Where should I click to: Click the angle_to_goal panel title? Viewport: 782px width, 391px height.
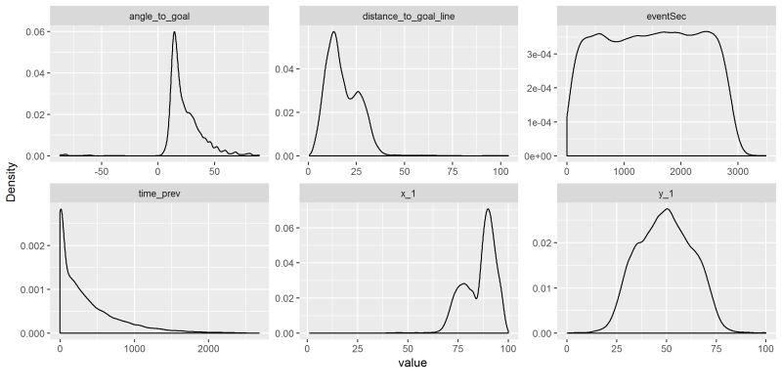point(160,16)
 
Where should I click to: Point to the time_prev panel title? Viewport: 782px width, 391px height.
point(160,194)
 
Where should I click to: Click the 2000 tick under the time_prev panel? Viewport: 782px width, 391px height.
point(208,348)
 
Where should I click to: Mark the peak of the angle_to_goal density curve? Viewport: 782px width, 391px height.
point(174,32)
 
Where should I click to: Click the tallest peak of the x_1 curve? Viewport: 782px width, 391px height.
point(487,209)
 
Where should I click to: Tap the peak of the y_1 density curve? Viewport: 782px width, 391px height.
point(668,208)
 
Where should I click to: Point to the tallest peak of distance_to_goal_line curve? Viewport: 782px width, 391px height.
point(333,32)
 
